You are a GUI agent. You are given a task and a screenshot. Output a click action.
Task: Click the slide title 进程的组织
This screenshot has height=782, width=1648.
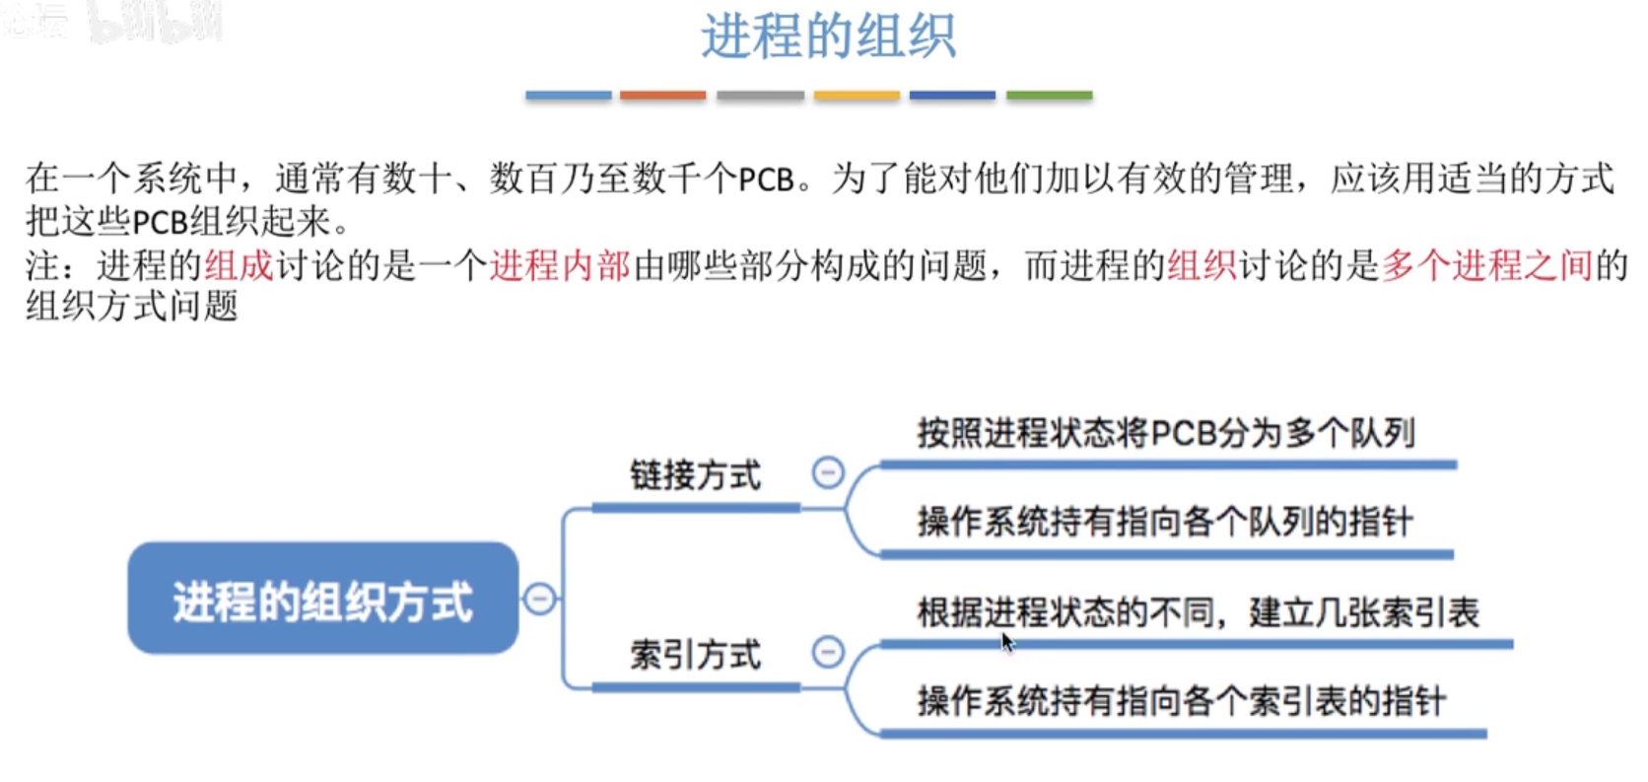[x=828, y=37]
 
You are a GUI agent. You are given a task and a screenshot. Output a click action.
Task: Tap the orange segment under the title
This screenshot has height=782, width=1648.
[x=662, y=96]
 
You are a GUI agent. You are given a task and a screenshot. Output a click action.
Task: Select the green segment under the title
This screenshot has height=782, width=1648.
[x=1049, y=96]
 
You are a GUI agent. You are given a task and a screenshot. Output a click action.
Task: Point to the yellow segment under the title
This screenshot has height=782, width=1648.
[x=857, y=96]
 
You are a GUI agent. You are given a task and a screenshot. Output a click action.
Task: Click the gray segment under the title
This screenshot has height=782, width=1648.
[x=760, y=96]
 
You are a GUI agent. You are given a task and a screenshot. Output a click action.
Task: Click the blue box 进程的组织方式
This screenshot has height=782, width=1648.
[x=322, y=599]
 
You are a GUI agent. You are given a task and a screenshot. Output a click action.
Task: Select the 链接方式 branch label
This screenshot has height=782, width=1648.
[x=695, y=475]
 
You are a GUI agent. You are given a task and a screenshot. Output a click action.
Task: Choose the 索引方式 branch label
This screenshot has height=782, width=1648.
[x=695, y=655]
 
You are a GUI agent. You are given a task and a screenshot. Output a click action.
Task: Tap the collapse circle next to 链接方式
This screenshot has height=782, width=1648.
[x=828, y=473]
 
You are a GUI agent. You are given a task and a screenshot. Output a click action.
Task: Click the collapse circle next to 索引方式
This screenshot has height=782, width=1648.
[x=828, y=652]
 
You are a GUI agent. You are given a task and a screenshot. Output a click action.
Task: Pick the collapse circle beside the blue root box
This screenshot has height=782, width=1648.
[x=539, y=599]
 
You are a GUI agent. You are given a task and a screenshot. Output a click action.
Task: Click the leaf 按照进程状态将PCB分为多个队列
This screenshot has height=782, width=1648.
[x=1166, y=433]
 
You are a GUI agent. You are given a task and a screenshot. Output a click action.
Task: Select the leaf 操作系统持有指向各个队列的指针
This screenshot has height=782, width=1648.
[x=1165, y=522]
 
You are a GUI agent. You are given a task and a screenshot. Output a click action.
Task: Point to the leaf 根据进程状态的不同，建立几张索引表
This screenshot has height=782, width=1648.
[x=1198, y=612]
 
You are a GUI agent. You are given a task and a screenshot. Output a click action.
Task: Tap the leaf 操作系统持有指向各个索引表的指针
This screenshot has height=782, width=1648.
[x=1181, y=701]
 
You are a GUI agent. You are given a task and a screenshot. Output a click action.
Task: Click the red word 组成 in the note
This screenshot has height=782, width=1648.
[x=239, y=265]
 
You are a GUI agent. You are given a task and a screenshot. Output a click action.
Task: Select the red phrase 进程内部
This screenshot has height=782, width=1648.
[x=559, y=265]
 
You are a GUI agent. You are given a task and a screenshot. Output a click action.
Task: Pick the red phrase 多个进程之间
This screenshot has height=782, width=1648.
[x=1486, y=265]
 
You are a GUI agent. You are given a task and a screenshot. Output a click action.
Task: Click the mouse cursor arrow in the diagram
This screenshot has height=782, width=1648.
[x=1006, y=642]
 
